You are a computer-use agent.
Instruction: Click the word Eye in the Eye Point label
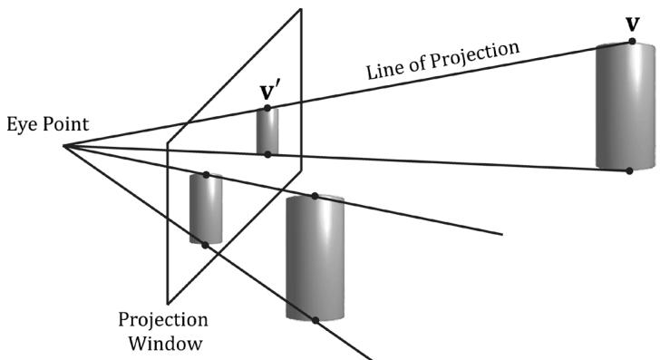pos(20,125)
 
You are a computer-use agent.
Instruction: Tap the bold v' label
pos(267,92)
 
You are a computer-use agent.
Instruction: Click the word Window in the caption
pos(165,343)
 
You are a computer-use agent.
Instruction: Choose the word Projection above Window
pos(163,320)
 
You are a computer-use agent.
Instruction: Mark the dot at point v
pos(632,41)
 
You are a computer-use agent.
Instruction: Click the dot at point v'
pos(267,108)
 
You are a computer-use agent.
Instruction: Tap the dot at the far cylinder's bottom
pos(629,170)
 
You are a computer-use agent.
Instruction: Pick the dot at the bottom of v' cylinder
pos(267,154)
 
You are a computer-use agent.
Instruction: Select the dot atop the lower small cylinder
pos(206,175)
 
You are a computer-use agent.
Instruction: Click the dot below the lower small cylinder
pos(205,245)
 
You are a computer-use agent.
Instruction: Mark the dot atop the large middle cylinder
pos(315,196)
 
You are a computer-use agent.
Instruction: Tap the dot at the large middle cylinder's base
pos(315,320)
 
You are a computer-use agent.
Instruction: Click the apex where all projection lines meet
pos(64,146)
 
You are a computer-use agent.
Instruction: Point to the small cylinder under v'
pos(267,131)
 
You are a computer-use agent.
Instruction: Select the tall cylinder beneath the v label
pos(626,106)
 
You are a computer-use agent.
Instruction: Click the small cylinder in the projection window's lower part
pos(206,209)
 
